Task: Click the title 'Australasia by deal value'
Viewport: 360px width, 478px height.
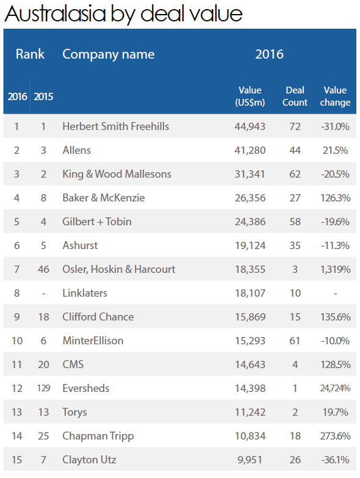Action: pos(123,14)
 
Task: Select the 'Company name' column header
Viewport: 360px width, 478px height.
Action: pos(109,54)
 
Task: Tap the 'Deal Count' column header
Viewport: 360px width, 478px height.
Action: pos(295,96)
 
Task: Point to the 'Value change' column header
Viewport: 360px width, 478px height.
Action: pos(335,96)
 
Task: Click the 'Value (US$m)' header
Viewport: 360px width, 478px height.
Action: pos(250,96)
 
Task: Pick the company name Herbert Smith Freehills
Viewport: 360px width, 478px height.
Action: pos(116,126)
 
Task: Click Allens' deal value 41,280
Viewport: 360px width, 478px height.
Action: pos(250,150)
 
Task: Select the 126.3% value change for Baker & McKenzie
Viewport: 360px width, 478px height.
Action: pos(335,198)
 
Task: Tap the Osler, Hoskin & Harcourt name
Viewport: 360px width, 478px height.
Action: pos(119,269)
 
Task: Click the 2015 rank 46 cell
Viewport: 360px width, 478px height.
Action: pos(43,269)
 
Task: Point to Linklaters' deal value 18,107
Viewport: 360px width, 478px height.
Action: pos(250,293)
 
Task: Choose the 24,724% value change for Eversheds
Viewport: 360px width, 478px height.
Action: pos(335,388)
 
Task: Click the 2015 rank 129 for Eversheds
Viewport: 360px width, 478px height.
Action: pos(43,388)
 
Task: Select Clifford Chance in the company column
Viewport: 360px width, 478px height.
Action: pos(98,317)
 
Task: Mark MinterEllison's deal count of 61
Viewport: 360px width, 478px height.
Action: pos(295,341)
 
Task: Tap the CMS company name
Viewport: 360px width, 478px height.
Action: pos(73,364)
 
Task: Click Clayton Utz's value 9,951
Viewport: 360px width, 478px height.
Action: pos(250,460)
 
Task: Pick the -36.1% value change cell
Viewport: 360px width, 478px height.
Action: pos(335,460)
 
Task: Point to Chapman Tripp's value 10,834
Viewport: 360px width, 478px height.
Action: pos(250,436)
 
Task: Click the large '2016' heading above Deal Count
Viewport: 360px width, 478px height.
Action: pos(269,54)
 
